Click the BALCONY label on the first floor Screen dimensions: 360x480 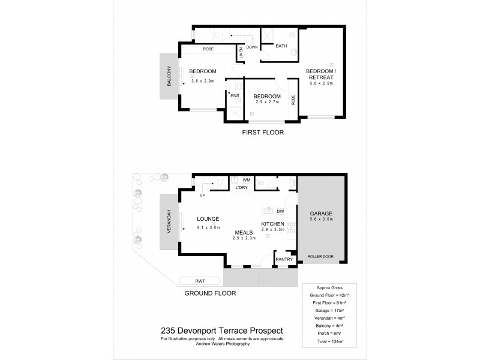pyautogui.click(x=169, y=76)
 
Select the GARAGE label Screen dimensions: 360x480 pyautogui.click(x=320, y=213)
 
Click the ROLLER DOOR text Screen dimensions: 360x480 pyautogui.click(x=320, y=256)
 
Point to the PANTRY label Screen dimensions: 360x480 pyautogui.click(x=283, y=259)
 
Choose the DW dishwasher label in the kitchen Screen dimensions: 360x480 pyautogui.click(x=280, y=211)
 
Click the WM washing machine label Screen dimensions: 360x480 pyautogui.click(x=246, y=179)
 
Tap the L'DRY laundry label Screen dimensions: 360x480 pyautogui.click(x=242, y=188)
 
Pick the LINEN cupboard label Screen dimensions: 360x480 pyautogui.click(x=241, y=53)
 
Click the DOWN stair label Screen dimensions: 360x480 pyautogui.click(x=252, y=47)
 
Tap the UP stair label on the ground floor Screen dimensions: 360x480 pyautogui.click(x=202, y=195)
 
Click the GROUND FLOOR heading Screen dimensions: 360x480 pyautogui.click(x=211, y=293)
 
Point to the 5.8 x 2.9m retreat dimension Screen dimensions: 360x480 pyautogui.click(x=322, y=83)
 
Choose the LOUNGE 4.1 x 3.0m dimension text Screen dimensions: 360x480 pyautogui.click(x=207, y=227)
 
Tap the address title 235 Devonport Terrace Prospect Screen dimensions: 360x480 pyautogui.click(x=223, y=330)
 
